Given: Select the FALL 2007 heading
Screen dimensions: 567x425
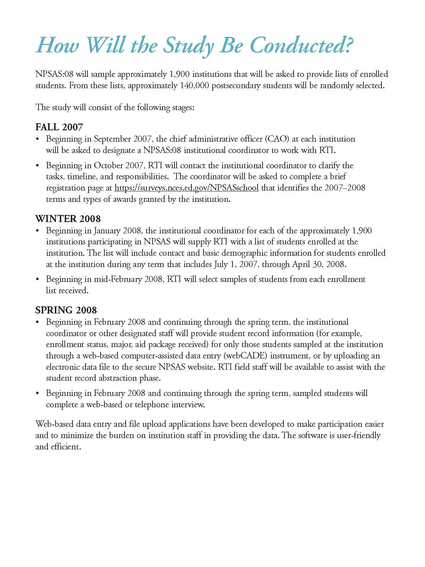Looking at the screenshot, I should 59,127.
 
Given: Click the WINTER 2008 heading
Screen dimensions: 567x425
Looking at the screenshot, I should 68,219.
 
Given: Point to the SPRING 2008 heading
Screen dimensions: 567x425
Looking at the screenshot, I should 66,310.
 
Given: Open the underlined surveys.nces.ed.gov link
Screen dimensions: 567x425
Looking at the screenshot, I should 186,188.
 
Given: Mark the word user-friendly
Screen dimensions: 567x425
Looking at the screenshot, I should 358,435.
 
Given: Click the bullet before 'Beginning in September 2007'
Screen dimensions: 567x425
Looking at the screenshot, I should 38,139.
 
